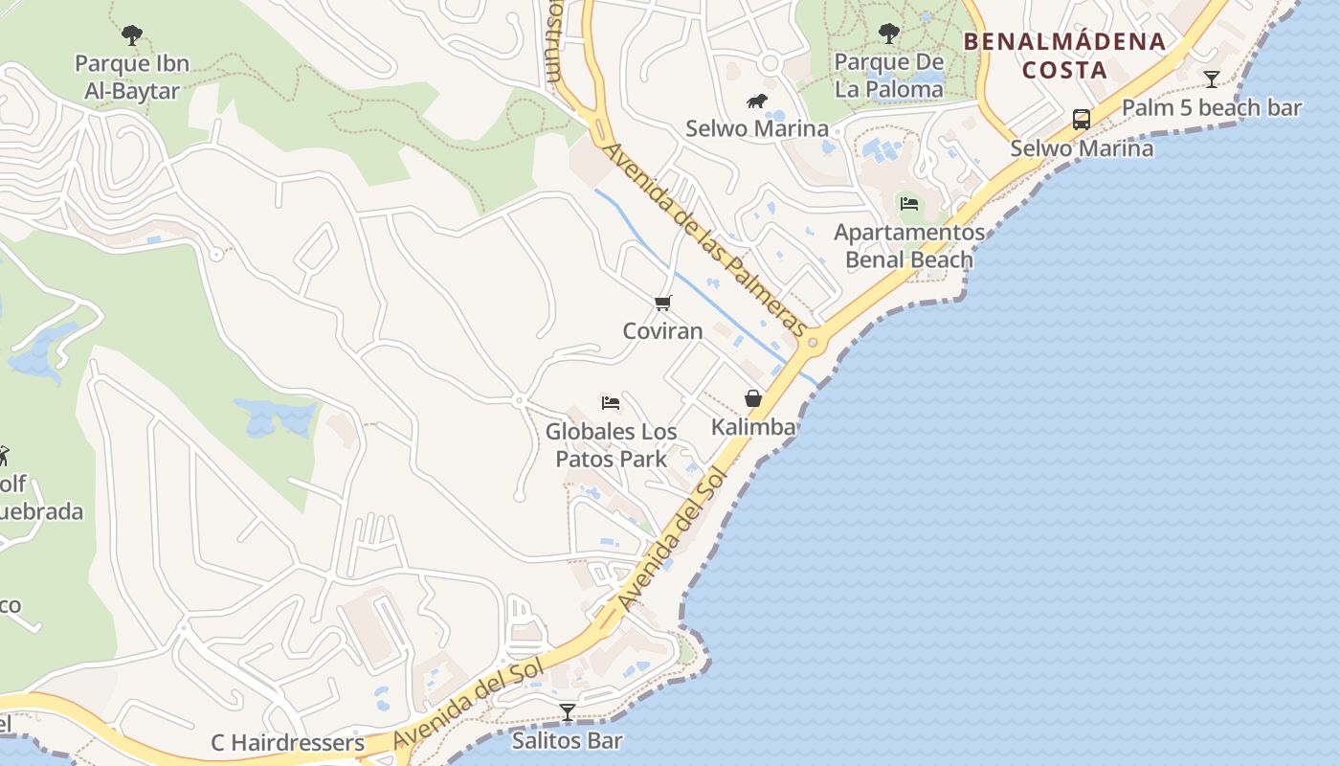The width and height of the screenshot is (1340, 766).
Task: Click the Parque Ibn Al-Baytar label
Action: (132, 78)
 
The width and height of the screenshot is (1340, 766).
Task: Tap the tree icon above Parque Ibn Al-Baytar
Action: (132, 35)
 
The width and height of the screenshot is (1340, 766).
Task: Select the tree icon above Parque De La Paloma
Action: (889, 34)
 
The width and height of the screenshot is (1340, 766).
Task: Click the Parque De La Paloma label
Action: (889, 76)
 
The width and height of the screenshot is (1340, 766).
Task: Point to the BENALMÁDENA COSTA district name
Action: (1064, 56)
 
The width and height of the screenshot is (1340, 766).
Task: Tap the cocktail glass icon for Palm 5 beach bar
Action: (1212, 79)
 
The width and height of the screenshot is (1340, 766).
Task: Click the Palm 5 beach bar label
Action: (1212, 107)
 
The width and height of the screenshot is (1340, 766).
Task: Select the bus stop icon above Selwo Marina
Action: (1082, 120)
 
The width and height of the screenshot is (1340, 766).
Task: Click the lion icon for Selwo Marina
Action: (757, 101)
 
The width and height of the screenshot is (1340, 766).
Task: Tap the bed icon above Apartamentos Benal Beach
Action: (909, 203)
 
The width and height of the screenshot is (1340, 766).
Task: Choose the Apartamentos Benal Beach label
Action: (909, 246)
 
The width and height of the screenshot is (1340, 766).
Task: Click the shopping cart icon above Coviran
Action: (662, 304)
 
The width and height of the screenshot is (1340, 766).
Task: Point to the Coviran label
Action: (662, 331)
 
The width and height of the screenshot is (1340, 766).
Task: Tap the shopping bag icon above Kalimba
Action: (753, 398)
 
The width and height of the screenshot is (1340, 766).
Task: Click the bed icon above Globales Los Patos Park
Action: (611, 403)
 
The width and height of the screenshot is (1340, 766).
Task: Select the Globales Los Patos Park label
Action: (611, 445)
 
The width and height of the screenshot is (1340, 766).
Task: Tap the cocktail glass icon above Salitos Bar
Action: (568, 712)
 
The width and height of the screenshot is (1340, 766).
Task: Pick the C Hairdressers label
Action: (288, 743)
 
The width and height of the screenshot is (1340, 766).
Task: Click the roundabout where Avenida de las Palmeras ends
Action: (813, 342)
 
